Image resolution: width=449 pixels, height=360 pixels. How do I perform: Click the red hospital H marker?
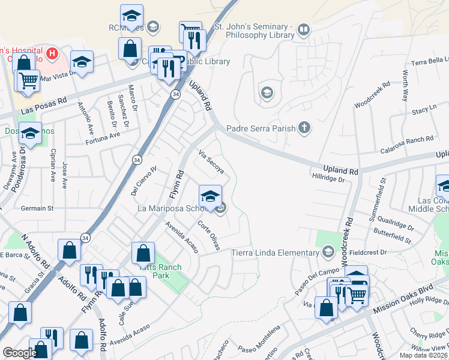(53, 53)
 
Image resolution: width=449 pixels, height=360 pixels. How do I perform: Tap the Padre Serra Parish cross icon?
(305, 127)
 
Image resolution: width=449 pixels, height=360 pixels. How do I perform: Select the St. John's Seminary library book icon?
(305, 29)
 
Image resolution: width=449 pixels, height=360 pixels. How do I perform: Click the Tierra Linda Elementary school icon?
(328, 252)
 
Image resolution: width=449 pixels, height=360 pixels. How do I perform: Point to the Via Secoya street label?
(212, 163)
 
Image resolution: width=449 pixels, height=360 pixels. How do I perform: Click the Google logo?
(20, 353)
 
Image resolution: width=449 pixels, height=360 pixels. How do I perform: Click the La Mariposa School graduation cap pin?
(210, 196)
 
